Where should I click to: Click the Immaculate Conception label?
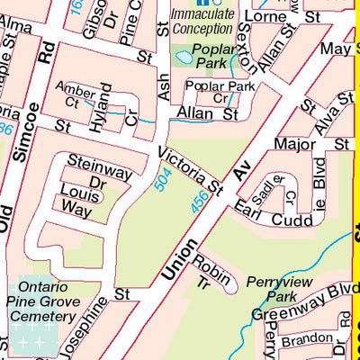coord(202,22)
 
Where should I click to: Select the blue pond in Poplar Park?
coord(183,57)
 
